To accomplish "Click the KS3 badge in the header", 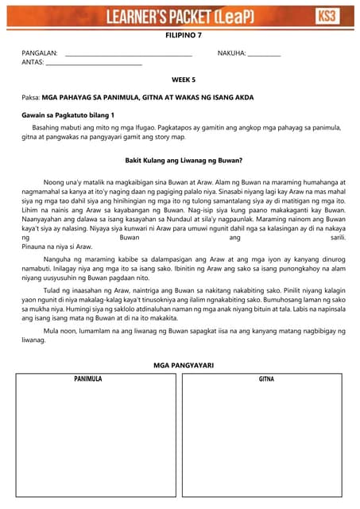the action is (326, 16).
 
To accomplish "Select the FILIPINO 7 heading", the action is (184, 36).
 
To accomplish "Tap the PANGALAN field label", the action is (40, 53).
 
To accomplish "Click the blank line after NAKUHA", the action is (264, 55).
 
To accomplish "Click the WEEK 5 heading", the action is (184, 80).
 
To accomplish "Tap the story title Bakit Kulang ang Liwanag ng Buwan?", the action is (184, 160).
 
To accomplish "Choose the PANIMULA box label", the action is (88, 379).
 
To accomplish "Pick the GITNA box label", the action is (266, 379).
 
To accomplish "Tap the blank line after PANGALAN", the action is (128, 55).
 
